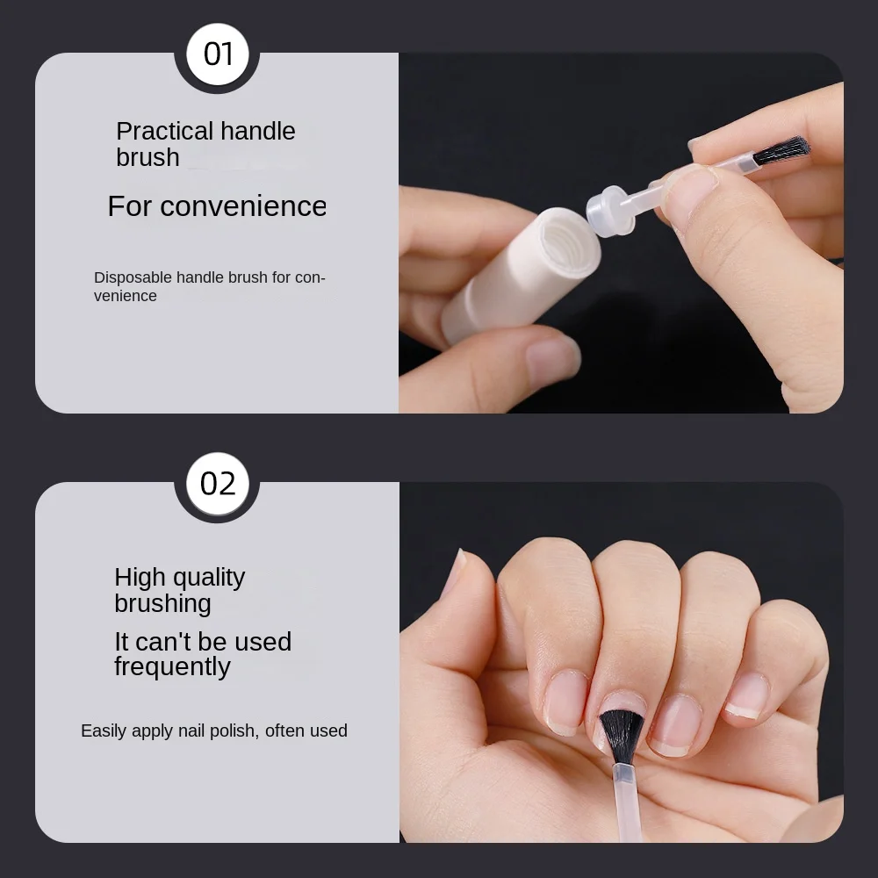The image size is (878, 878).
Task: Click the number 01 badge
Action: (217, 54)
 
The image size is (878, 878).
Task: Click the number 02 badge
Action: (217, 484)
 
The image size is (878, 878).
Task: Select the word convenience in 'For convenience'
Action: (243, 206)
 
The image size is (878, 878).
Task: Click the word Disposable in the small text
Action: (133, 277)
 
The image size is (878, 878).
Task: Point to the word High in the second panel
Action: (140, 578)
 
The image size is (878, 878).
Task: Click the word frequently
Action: (172, 667)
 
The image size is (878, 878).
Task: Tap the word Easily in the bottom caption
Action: (104, 730)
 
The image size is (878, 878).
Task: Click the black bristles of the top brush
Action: (781, 150)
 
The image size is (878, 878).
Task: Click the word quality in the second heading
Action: (209, 578)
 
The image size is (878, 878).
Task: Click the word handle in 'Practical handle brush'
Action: (245, 132)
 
